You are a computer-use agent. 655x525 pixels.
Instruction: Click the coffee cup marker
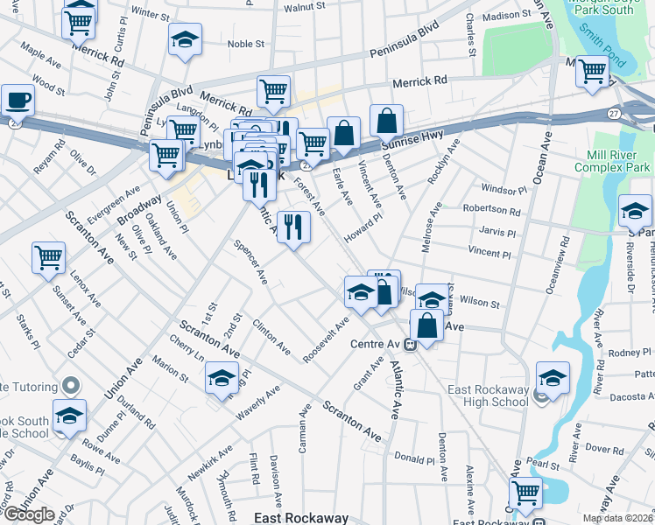18,100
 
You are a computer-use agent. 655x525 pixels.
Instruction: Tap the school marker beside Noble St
185,40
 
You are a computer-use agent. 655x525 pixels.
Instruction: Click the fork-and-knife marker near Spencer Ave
293,227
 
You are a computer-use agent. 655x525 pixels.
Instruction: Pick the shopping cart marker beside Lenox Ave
48,257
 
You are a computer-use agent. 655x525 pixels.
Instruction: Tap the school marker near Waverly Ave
222,379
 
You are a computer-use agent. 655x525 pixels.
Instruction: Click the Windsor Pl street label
504,189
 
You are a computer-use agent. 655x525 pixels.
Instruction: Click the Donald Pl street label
414,458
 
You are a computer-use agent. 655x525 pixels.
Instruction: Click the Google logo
28,514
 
